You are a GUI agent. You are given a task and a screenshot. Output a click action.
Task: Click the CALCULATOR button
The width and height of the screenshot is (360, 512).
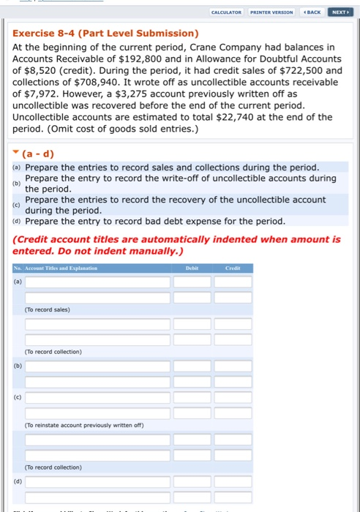[226, 12]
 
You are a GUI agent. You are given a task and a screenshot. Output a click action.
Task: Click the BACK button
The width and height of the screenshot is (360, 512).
[312, 12]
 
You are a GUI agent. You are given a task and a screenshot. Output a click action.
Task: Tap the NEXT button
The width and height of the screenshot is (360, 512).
[340, 12]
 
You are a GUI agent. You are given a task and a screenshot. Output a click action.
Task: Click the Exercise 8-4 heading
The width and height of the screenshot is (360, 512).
[105, 34]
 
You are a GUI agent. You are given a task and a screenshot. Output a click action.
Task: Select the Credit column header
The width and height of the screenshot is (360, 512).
[233, 268]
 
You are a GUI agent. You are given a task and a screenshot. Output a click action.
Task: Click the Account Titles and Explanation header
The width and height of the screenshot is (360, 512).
[63, 268]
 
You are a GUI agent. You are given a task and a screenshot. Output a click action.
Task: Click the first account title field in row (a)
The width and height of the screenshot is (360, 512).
[97, 282]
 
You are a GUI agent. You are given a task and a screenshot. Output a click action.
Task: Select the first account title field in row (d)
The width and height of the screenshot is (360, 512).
[97, 481]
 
